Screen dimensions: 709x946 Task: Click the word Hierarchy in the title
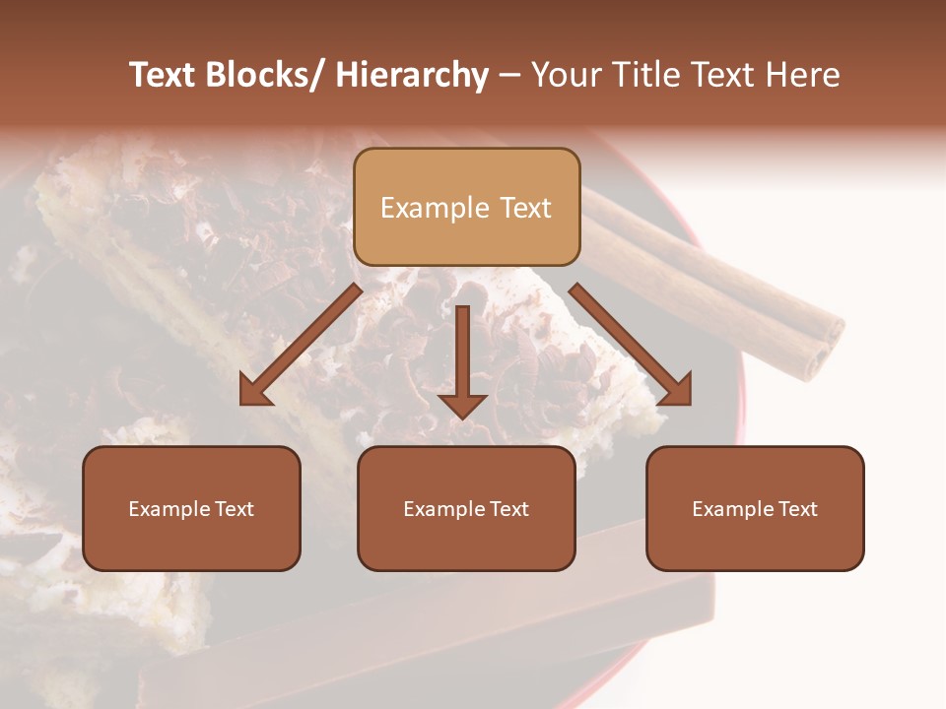(x=412, y=75)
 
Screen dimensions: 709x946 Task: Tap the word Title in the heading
(x=642, y=75)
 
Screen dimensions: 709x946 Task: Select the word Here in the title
(x=802, y=75)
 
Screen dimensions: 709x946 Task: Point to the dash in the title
(x=509, y=76)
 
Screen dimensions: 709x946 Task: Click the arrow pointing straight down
(x=462, y=354)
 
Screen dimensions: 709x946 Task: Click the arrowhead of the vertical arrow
(x=462, y=405)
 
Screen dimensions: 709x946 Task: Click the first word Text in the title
(x=166, y=75)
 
